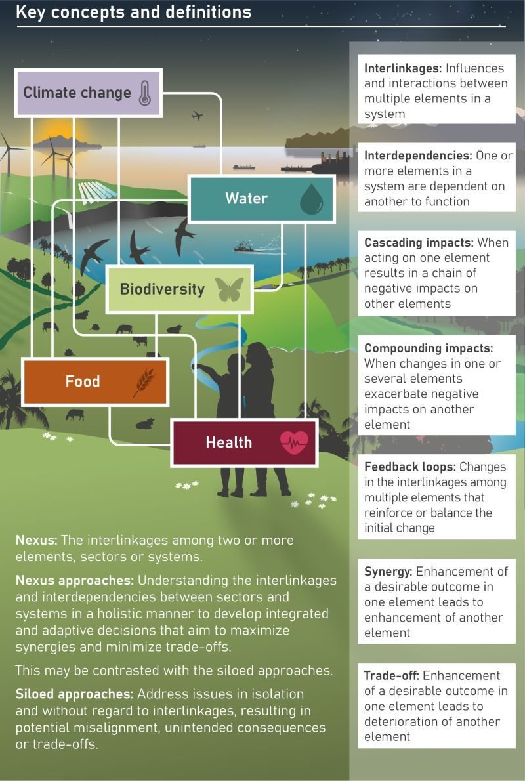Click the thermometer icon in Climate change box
click(144, 93)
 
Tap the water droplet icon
click(311, 199)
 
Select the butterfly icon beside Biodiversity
click(230, 289)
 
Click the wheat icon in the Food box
click(144, 382)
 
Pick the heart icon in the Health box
click(293, 443)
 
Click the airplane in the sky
click(197, 116)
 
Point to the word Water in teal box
click(246, 198)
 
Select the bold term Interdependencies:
click(418, 156)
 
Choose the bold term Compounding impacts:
click(429, 348)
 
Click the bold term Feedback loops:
click(409, 467)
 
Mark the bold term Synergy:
click(388, 572)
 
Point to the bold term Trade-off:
click(392, 675)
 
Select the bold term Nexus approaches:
click(75, 581)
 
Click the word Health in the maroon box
click(228, 442)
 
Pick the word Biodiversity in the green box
click(162, 289)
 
